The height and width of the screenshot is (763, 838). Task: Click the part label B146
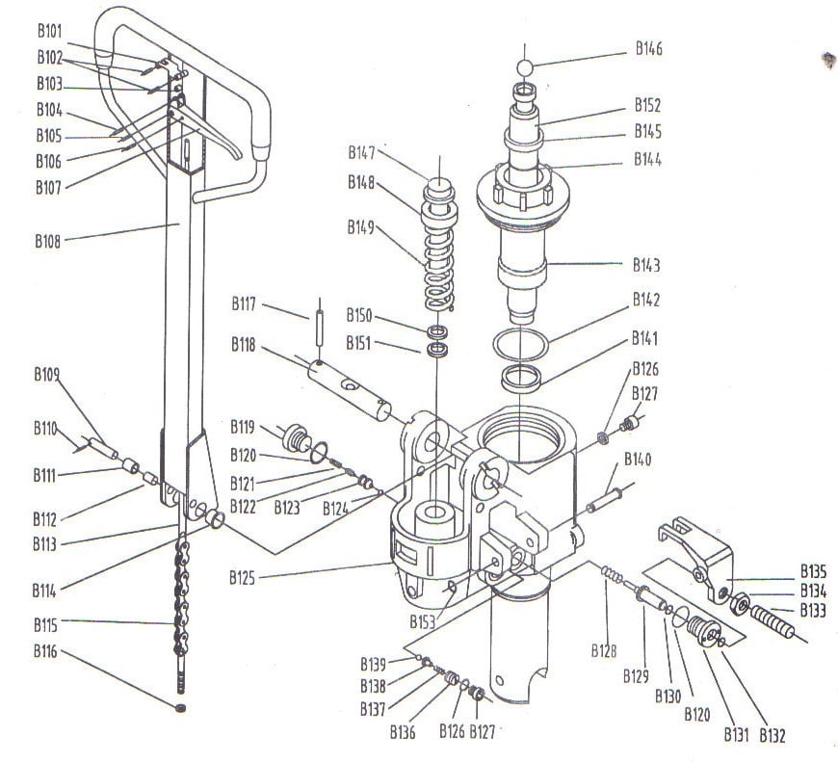click(648, 48)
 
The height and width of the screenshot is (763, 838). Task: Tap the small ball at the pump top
click(525, 68)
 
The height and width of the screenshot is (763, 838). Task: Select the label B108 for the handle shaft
click(49, 241)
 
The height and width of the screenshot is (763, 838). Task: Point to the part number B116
click(45, 652)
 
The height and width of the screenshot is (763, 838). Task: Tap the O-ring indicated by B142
click(520, 344)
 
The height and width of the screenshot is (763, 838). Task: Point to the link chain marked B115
click(180, 607)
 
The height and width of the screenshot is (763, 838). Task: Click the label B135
click(814, 569)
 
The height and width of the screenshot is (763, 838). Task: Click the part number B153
click(422, 621)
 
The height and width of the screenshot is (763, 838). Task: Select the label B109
click(47, 374)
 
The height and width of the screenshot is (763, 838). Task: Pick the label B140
click(638, 459)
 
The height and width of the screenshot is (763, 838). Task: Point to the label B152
click(647, 105)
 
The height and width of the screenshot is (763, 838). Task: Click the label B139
click(374, 664)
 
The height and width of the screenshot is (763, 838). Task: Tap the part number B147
click(362, 152)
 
